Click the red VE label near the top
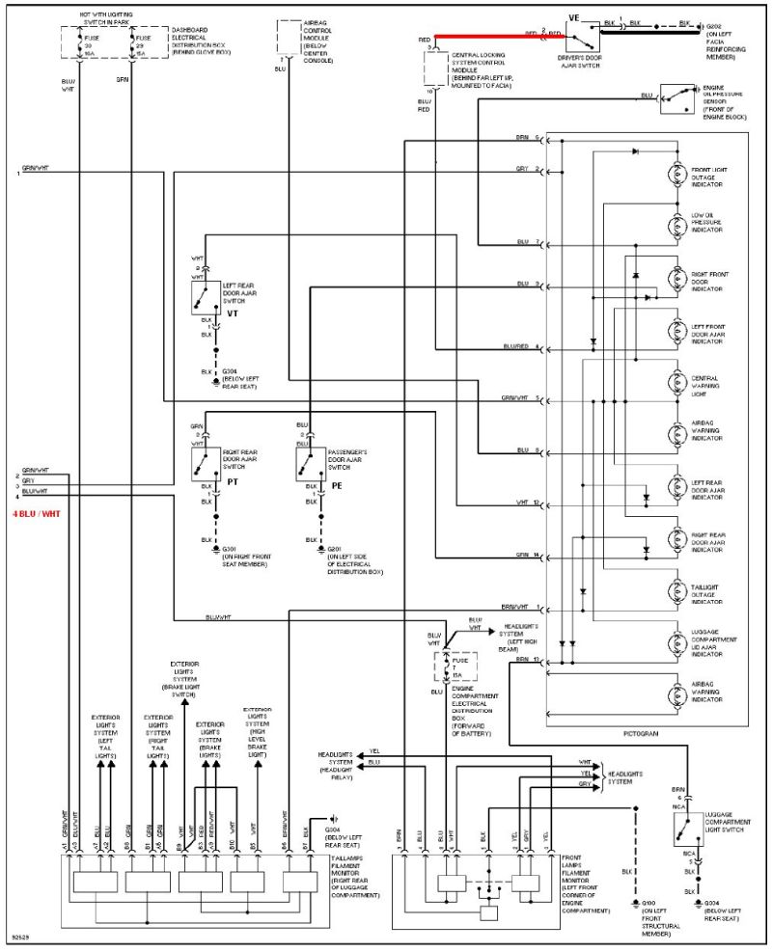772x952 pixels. click(574, 17)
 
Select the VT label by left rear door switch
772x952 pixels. click(233, 313)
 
